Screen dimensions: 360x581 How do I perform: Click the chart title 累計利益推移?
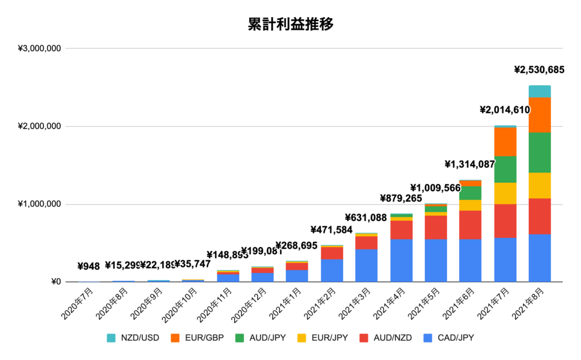[x=290, y=24]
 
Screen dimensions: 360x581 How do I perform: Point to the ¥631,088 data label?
[x=369, y=217]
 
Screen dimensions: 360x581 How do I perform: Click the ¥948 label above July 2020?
[x=90, y=266]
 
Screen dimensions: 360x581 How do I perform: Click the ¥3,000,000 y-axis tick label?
[x=40, y=48]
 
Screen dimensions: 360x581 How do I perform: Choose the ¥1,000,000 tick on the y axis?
[x=40, y=204]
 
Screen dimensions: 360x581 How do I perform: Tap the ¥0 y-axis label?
[x=56, y=282]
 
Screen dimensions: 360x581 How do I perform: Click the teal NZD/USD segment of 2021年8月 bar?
[x=540, y=91]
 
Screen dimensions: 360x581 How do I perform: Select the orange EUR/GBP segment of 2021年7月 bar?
[x=505, y=142]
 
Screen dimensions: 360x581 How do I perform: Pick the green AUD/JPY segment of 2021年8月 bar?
[x=540, y=152]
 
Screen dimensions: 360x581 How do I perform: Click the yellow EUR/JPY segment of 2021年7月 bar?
[x=505, y=193]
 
